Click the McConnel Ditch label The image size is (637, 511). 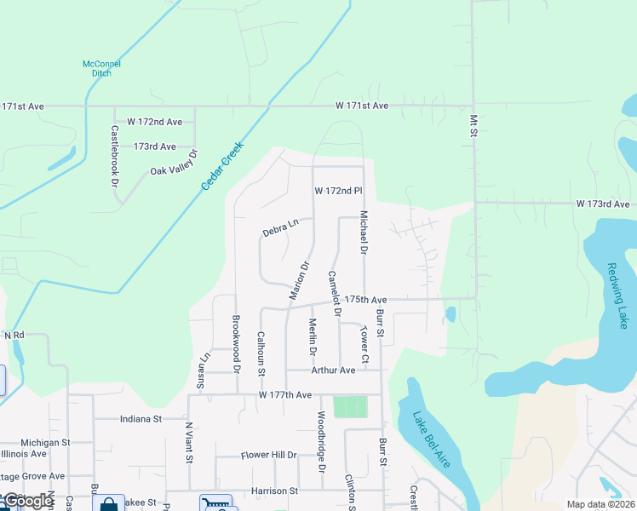point(102,68)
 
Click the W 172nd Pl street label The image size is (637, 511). point(338,190)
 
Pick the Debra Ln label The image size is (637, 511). point(281,228)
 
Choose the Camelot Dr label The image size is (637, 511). point(335,294)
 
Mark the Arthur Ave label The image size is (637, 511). point(333,370)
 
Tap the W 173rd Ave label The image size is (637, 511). point(602,204)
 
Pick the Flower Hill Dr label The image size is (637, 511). point(268,456)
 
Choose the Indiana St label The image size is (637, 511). point(141,419)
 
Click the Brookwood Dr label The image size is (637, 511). point(236,341)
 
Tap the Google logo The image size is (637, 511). point(28,502)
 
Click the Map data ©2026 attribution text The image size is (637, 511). point(600,504)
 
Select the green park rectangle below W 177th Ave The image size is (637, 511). point(349,407)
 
